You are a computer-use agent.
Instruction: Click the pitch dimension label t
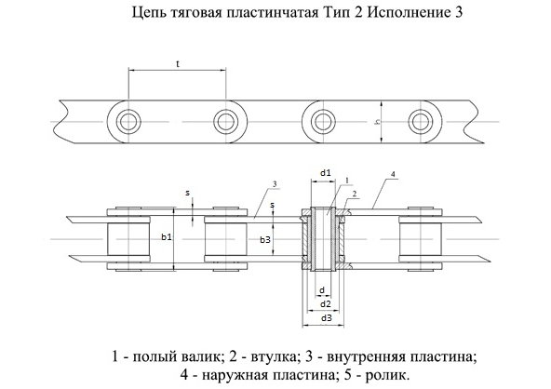pyautogui.click(x=178, y=64)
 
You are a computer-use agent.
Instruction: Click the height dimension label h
pyautogui.click(x=377, y=122)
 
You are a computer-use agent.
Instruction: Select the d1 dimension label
pyautogui.click(x=326, y=172)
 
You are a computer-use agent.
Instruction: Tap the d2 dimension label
pyautogui.click(x=326, y=304)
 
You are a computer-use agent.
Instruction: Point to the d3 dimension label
pyautogui.click(x=327, y=318)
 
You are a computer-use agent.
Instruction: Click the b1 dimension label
pyautogui.click(x=167, y=237)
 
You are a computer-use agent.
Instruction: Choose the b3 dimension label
pyautogui.click(x=265, y=240)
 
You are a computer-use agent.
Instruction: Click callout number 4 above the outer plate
pyautogui.click(x=393, y=174)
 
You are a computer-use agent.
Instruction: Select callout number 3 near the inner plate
pyautogui.click(x=275, y=183)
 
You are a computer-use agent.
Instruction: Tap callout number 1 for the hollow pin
pyautogui.click(x=347, y=181)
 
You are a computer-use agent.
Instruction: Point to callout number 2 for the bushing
pyautogui.click(x=355, y=194)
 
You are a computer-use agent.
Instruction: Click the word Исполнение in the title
pyautogui.click(x=409, y=13)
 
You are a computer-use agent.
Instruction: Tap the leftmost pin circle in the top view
pyautogui.click(x=128, y=122)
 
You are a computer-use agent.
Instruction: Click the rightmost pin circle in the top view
pyautogui.click(x=420, y=122)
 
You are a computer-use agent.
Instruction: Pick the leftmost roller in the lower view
pyautogui.click(x=128, y=239)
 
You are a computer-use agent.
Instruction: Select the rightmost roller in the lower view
pyautogui.click(x=420, y=239)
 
